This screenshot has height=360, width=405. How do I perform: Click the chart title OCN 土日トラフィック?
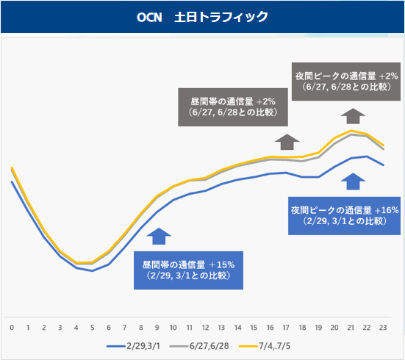click(202, 17)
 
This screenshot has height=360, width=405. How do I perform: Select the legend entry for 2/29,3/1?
click(133, 346)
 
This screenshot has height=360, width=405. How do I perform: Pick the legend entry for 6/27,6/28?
click(199, 346)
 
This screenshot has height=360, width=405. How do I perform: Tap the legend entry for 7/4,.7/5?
click(265, 346)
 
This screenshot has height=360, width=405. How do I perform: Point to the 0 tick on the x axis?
click(12, 328)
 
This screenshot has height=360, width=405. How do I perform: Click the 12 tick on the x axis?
click(205, 328)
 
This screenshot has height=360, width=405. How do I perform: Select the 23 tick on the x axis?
click(383, 328)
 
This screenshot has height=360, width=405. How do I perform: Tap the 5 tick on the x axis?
click(92, 328)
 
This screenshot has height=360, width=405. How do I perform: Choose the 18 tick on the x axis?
click(302, 328)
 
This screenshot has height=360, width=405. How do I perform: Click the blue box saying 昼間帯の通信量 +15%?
click(188, 270)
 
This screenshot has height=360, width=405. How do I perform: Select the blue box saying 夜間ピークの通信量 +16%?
click(344, 216)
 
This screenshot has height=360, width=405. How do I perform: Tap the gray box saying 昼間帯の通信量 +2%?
click(233, 107)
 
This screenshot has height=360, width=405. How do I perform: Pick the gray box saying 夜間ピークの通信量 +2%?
click(346, 82)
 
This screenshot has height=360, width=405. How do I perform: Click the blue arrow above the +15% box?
click(159, 237)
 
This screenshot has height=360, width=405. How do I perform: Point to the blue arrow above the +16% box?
click(353, 181)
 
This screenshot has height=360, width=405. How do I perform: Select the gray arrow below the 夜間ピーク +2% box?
click(353, 116)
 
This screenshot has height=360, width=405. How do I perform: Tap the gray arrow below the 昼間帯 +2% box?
click(287, 142)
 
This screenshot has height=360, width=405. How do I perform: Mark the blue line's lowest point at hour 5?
click(92, 270)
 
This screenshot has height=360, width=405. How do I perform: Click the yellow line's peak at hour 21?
click(351, 131)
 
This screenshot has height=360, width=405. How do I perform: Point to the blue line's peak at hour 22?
click(367, 156)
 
